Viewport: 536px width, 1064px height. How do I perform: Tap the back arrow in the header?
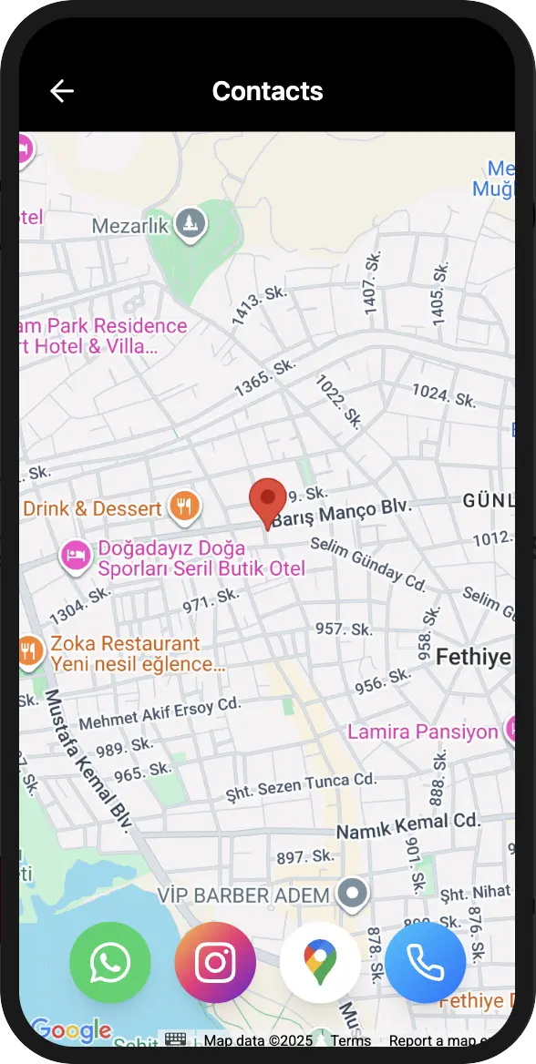click(62, 91)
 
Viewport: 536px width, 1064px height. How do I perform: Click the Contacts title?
click(267, 91)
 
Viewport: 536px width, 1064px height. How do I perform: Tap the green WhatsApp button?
click(110, 962)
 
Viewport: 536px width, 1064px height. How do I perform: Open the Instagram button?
click(215, 962)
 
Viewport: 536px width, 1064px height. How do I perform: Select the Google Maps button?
click(320, 962)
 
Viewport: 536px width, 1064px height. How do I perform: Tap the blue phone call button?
click(425, 962)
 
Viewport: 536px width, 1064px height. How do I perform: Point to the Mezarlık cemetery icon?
click(191, 222)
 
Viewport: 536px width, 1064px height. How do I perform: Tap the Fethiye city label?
click(472, 657)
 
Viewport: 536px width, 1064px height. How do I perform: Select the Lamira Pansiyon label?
click(423, 731)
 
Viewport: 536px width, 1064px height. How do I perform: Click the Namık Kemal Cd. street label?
click(407, 825)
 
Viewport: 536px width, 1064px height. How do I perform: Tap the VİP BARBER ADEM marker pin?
click(352, 895)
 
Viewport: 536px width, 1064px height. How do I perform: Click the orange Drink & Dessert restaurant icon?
click(185, 506)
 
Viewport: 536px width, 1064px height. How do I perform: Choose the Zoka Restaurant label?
click(125, 644)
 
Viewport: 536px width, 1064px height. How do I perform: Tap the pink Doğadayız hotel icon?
click(76, 554)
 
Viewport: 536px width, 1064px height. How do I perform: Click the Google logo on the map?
click(70, 1030)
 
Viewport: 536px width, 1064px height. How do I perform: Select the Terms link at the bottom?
click(351, 1040)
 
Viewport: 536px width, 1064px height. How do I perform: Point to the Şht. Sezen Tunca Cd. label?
click(302, 785)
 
